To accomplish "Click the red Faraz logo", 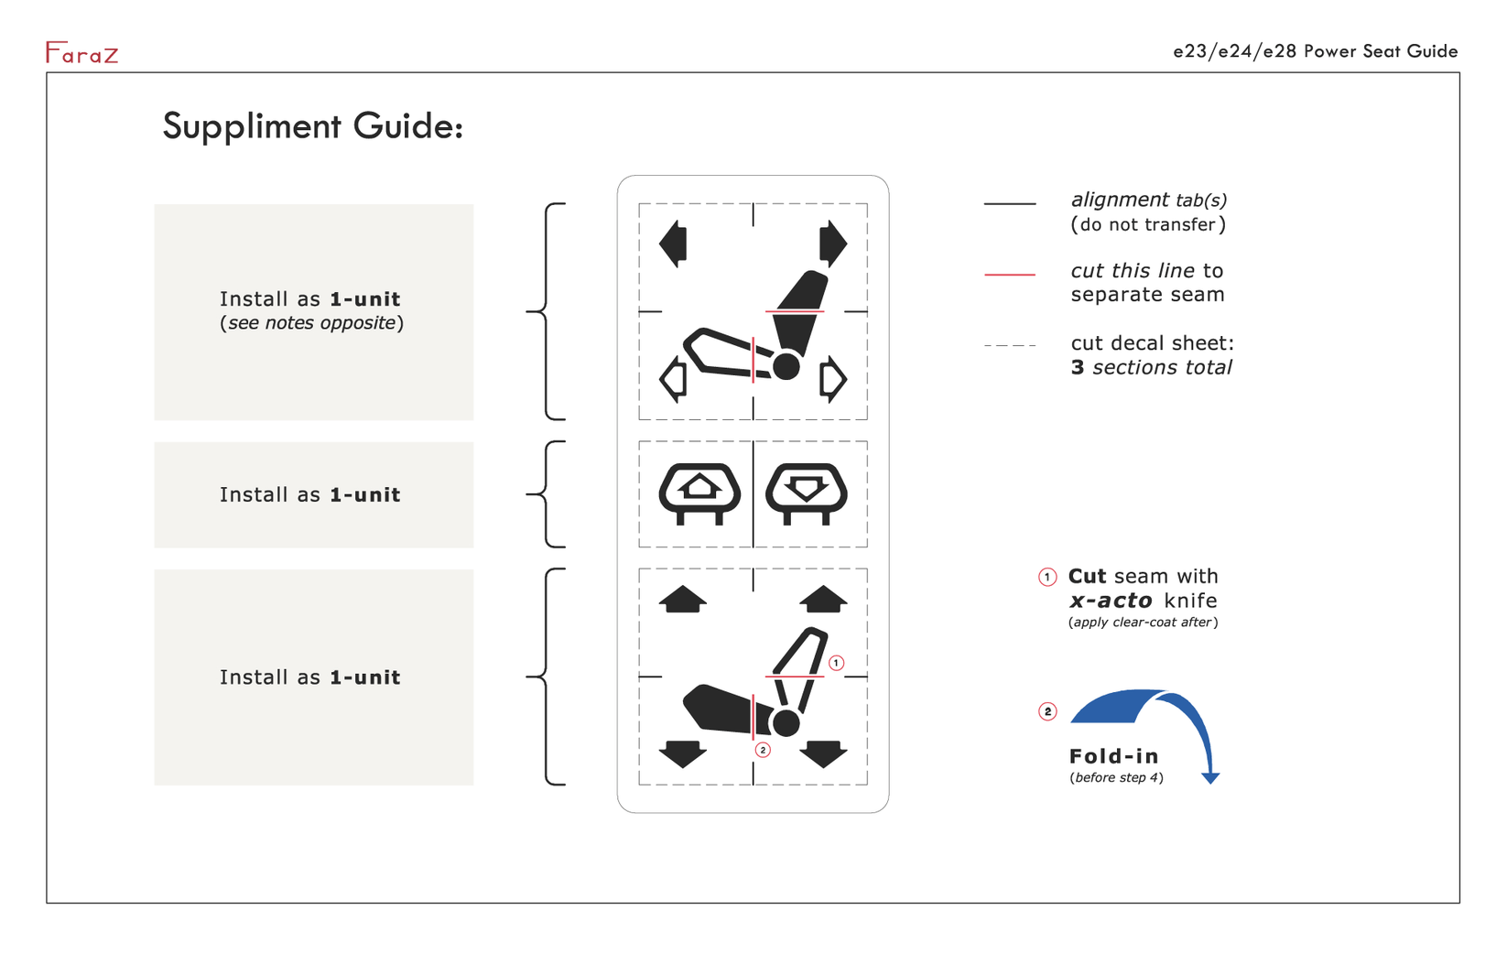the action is pyautogui.click(x=82, y=52).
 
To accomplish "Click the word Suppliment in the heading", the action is pyautogui.click(x=252, y=125).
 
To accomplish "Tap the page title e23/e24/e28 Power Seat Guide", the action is pyautogui.click(x=1316, y=51).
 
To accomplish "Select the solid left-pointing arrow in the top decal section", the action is pyautogui.click(x=673, y=244).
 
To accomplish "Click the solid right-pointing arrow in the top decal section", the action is pyautogui.click(x=833, y=244).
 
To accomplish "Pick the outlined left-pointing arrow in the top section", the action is pyautogui.click(x=673, y=380).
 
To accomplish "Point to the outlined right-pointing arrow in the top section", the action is pyautogui.click(x=833, y=380).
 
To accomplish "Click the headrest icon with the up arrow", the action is pyautogui.click(x=699, y=493).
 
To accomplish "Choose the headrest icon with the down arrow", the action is pyautogui.click(x=807, y=493).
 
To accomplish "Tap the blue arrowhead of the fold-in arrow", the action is pyautogui.click(x=1210, y=778).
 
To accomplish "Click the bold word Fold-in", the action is pyautogui.click(x=1114, y=756).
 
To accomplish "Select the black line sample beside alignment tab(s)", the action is pyautogui.click(x=1010, y=203).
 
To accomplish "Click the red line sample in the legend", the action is pyautogui.click(x=1010, y=275).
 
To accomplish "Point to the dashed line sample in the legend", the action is pyautogui.click(x=1010, y=345).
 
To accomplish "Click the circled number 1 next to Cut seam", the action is pyautogui.click(x=1047, y=578).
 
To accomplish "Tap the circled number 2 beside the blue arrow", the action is pyautogui.click(x=1047, y=712).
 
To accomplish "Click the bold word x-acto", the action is pyautogui.click(x=1111, y=601).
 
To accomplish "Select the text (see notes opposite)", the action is pyautogui.click(x=311, y=323).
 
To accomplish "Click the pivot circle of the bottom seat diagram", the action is pyautogui.click(x=786, y=723).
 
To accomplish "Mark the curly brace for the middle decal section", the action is pyautogui.click(x=545, y=494).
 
